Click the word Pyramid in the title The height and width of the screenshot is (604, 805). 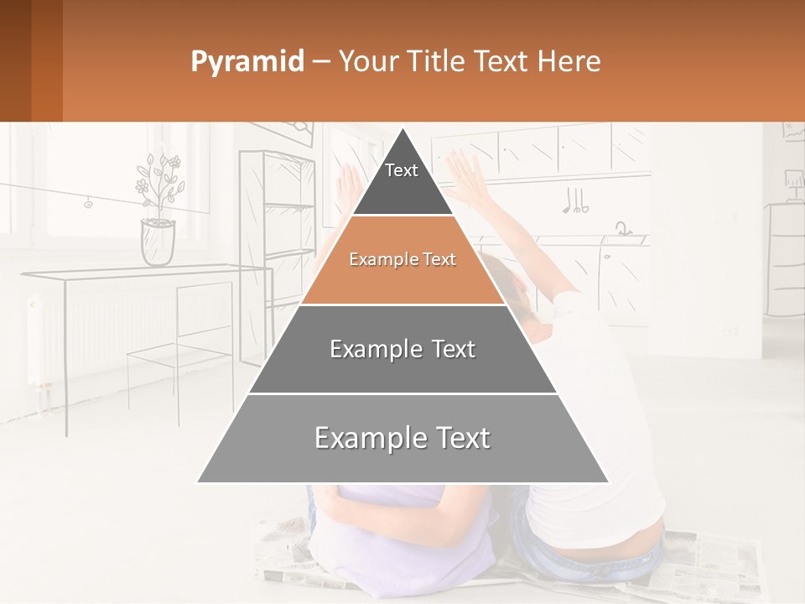click(247, 61)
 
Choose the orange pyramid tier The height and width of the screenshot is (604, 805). click(402, 260)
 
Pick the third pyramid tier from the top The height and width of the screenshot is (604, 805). click(402, 349)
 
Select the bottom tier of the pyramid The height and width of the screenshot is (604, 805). click(402, 438)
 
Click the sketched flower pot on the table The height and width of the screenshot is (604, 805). click(158, 242)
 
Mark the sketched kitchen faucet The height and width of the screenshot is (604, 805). click(621, 228)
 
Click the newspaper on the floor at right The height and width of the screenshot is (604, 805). click(713, 562)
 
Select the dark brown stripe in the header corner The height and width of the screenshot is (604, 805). click(16, 60)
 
